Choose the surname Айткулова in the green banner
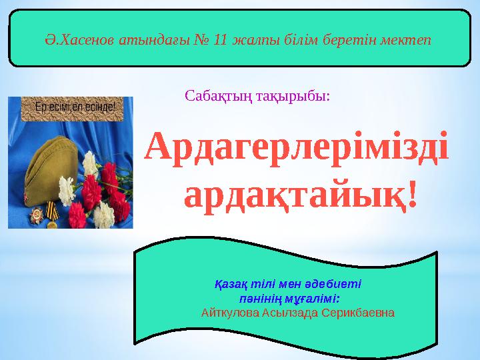[231, 312]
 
